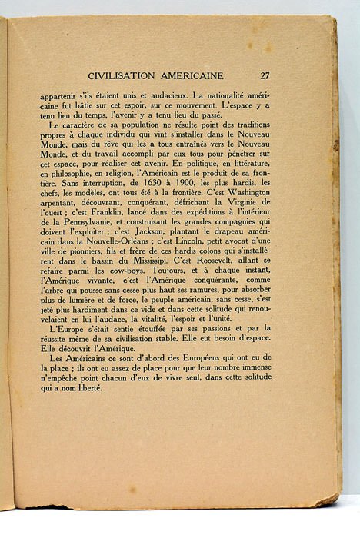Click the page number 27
tap(265, 75)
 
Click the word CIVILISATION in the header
tap(126, 75)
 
